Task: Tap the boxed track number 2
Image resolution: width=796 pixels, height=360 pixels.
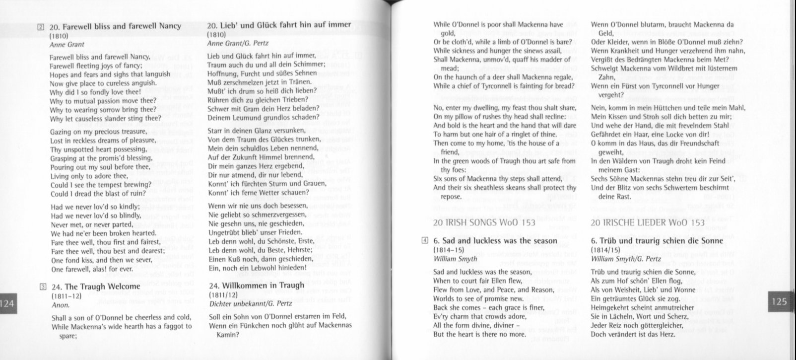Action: point(42,27)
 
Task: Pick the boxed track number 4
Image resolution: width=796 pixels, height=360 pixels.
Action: point(425,241)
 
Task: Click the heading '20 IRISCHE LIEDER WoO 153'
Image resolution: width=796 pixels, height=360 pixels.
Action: point(648,222)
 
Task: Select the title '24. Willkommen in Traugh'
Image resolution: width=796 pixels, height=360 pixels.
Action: point(256,286)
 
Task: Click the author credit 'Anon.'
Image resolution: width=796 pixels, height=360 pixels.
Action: point(61,305)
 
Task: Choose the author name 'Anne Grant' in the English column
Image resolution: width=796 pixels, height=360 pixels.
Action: point(67,45)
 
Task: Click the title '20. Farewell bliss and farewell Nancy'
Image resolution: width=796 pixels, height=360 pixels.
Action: point(115,26)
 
